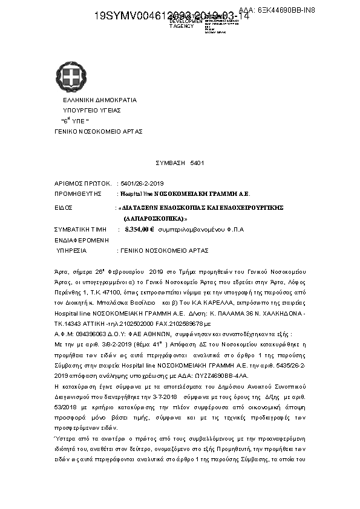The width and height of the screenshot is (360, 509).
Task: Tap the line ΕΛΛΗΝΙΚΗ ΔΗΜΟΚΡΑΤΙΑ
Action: tap(100, 100)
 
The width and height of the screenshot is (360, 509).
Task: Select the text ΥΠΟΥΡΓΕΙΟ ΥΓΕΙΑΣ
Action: tap(93, 111)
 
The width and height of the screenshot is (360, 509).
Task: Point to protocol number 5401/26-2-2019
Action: tap(147, 183)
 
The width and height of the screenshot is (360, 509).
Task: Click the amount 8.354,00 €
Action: tap(140, 230)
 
